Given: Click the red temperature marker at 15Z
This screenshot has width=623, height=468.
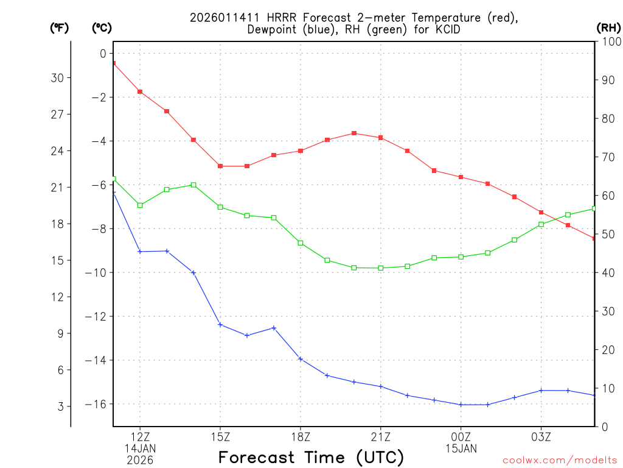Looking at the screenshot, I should tap(220, 166).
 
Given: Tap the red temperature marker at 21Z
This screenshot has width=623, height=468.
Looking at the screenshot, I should tap(381, 138).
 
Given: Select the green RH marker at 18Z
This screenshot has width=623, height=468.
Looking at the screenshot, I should tap(301, 243).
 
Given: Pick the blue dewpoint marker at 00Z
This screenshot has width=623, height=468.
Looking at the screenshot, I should tap(461, 405).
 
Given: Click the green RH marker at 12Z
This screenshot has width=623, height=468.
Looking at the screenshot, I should tap(140, 205).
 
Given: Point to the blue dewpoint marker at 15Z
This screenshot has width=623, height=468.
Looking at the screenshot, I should tap(220, 324).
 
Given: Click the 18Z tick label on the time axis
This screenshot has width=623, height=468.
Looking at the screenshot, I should tap(301, 436).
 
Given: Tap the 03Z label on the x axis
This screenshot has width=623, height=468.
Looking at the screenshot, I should tap(541, 436).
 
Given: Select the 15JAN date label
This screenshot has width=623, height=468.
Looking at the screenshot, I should tap(461, 448).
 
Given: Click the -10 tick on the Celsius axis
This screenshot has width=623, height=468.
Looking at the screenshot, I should tap(97, 272).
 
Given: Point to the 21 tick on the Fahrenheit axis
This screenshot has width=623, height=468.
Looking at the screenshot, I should tap(61, 187).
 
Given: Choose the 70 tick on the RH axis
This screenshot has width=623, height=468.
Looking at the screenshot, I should tap(608, 157).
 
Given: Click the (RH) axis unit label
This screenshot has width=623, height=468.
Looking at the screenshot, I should tap(608, 27).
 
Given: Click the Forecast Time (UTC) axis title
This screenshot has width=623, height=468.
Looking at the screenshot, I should tap(311, 457).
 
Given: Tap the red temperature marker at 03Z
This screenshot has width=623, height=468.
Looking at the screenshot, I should tap(541, 212).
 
